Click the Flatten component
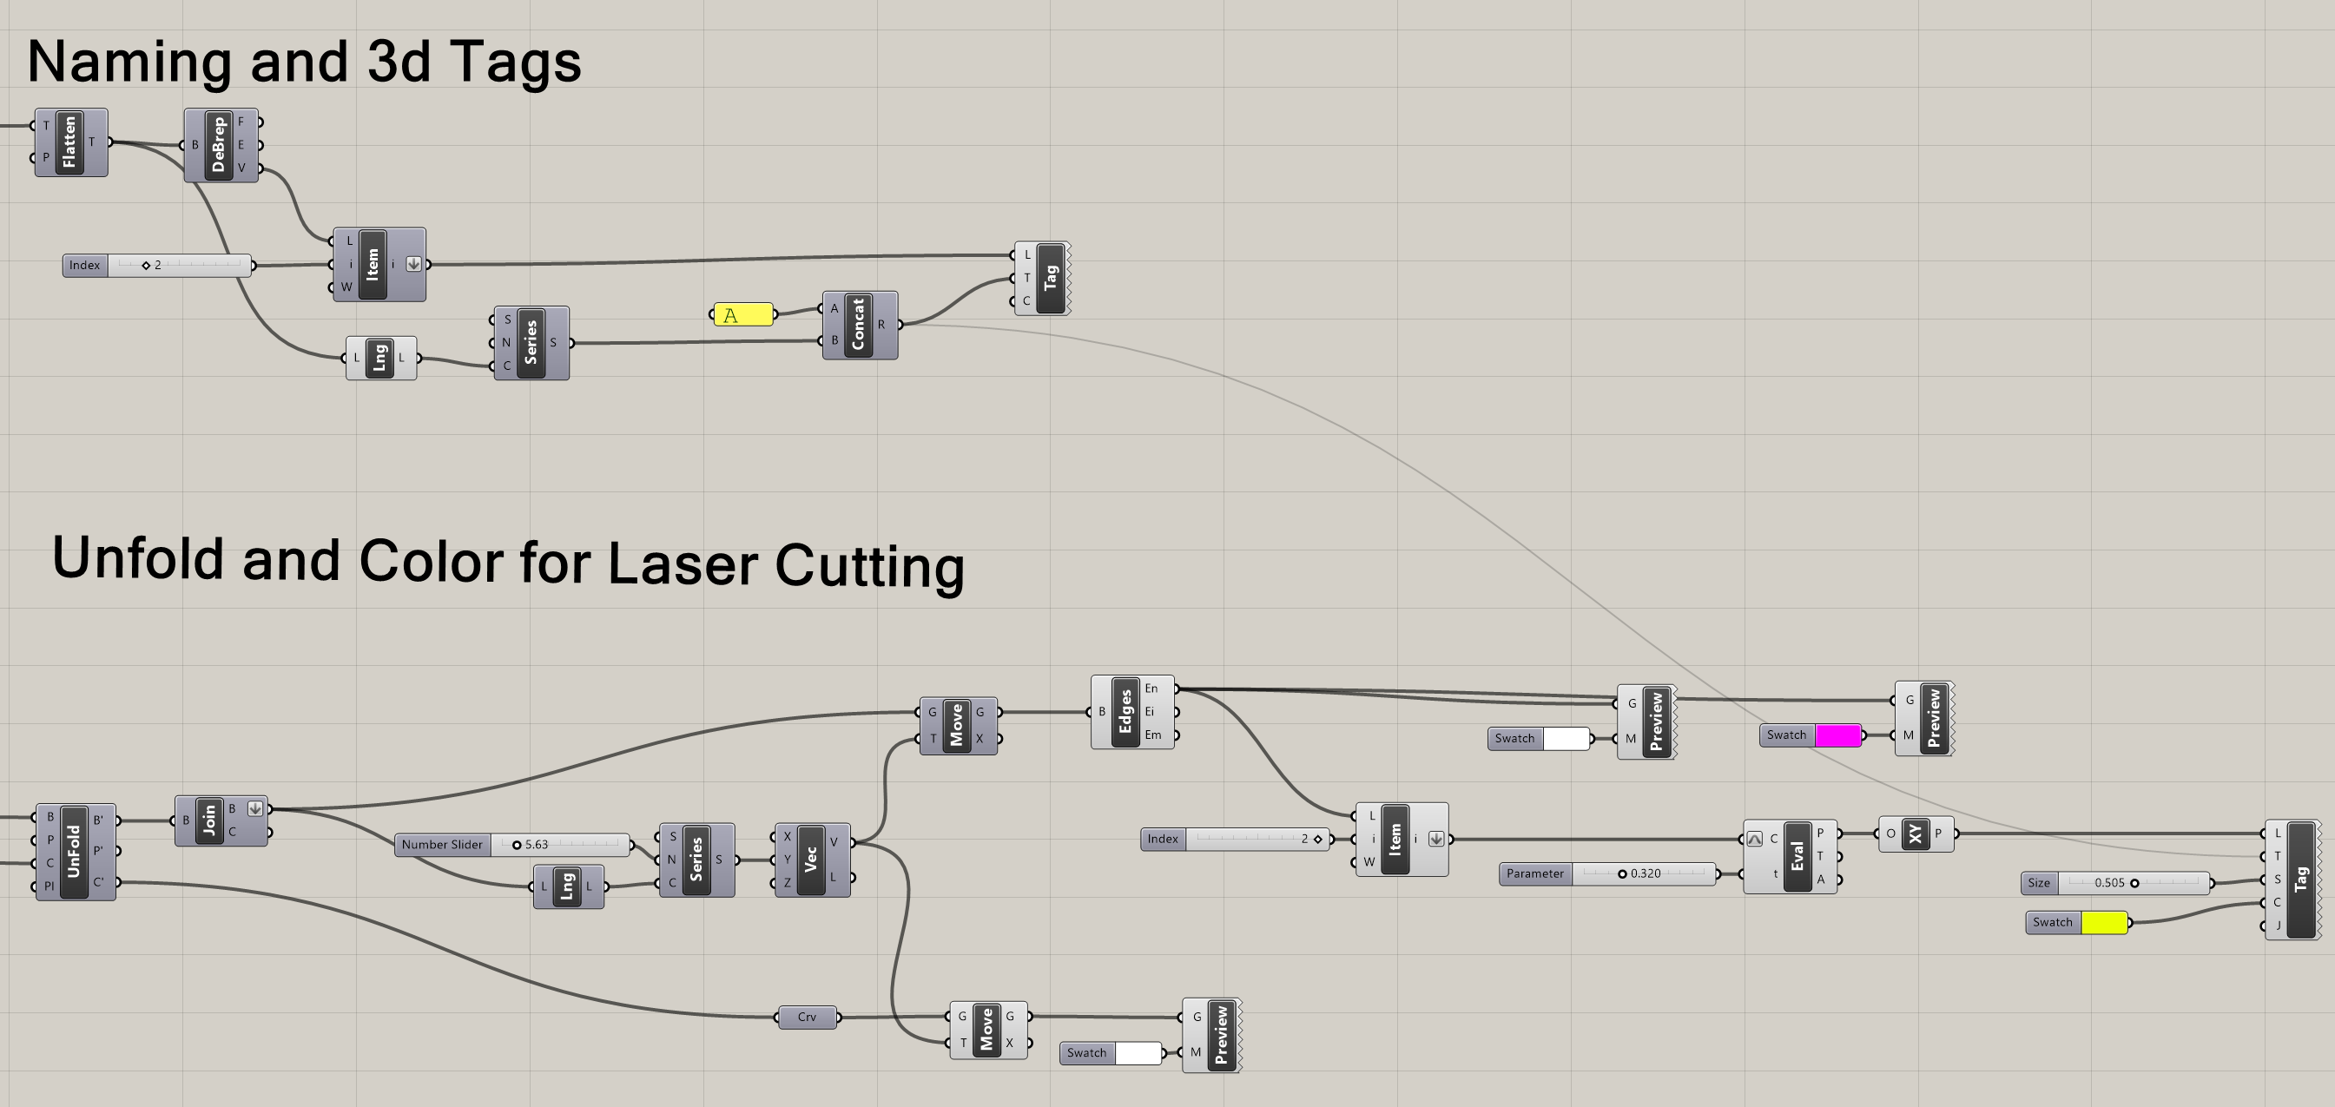pyautogui.click(x=69, y=142)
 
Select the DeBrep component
pyautogui.click(x=219, y=145)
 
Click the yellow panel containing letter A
pyautogui.click(x=743, y=314)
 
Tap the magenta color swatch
pyautogui.click(x=1837, y=735)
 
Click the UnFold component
pyautogui.click(x=75, y=852)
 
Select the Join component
pyautogui.click(x=209, y=820)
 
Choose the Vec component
pyautogui.click(x=810, y=860)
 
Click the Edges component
pyautogui.click(x=1125, y=712)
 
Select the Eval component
pyautogui.click(x=1797, y=857)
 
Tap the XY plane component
pyautogui.click(x=1915, y=834)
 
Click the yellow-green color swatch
pyautogui.click(x=2103, y=923)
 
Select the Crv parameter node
pyautogui.click(x=807, y=1018)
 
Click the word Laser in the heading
pyautogui.click(x=682, y=564)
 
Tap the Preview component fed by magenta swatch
pyautogui.click(x=1934, y=718)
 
